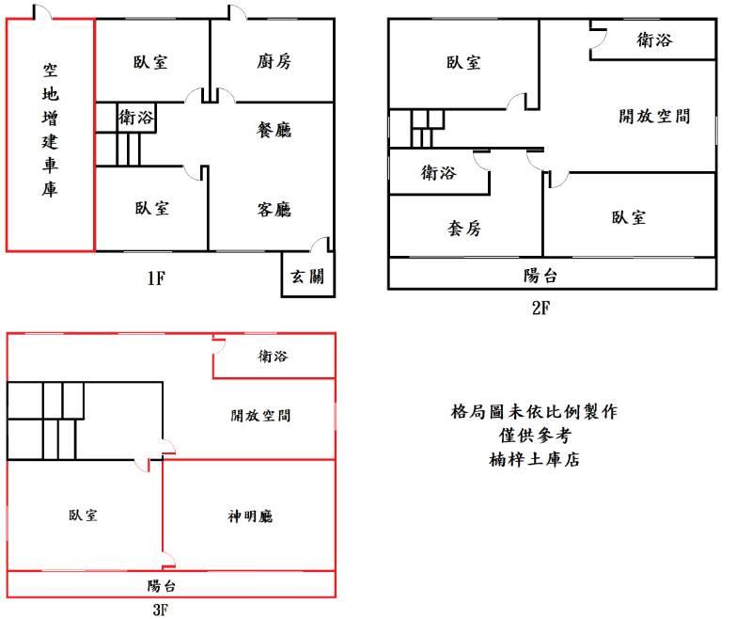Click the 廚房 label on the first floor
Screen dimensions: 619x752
click(x=274, y=62)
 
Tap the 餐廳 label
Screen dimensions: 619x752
click(x=274, y=129)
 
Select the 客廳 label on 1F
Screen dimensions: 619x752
click(x=274, y=209)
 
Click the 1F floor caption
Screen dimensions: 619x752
click(x=156, y=278)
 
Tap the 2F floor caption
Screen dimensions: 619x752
click(x=540, y=306)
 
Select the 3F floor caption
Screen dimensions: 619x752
click(x=161, y=609)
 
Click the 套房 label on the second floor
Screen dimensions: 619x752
click(x=463, y=228)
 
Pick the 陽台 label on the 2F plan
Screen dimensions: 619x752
click(x=540, y=276)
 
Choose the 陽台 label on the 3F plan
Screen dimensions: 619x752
click(x=161, y=584)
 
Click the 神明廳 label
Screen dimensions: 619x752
click(x=250, y=516)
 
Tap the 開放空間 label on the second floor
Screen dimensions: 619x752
click(x=654, y=116)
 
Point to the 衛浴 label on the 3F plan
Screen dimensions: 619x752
click(x=273, y=357)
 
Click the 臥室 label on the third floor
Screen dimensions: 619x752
click(x=83, y=516)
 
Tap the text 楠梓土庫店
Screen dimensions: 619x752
click(x=534, y=459)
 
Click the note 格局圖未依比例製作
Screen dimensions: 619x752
click(x=534, y=411)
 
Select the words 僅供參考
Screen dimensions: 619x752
click(x=534, y=436)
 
